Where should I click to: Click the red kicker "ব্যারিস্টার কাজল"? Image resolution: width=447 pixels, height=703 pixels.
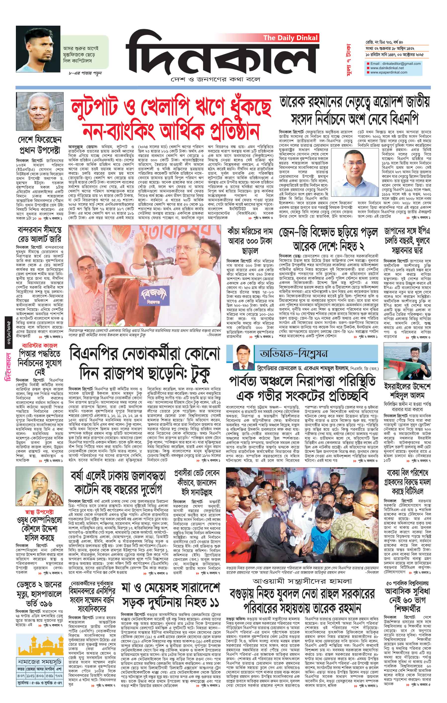(38, 346)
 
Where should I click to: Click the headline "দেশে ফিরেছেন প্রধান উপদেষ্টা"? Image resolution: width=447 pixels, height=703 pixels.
(39, 145)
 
